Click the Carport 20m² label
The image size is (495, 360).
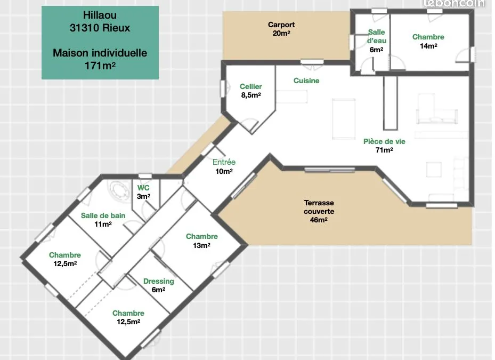[281, 29]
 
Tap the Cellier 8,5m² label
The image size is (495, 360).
[251, 91]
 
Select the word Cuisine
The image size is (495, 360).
[306, 81]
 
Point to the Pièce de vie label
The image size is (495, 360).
[384, 146]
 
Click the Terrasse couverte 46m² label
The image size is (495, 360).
[319, 211]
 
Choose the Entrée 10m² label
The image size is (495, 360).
[224, 166]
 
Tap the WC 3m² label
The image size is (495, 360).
[143, 192]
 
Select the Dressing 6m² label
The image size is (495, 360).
[158, 285]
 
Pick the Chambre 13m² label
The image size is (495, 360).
[202, 241]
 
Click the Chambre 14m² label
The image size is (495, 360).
[428, 41]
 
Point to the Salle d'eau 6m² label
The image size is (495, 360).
[376, 41]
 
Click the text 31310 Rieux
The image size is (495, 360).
[100, 28]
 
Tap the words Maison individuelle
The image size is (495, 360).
[100, 53]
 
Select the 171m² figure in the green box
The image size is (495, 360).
[100, 66]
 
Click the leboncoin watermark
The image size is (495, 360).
[455, 4]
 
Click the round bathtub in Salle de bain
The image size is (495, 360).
[118, 190]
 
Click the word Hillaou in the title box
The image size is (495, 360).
[100, 15]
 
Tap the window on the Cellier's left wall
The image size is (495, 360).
[223, 89]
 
